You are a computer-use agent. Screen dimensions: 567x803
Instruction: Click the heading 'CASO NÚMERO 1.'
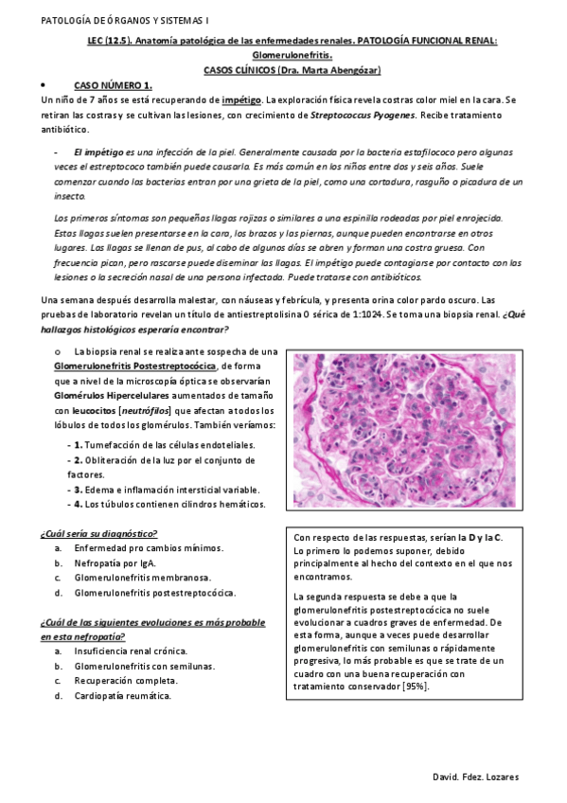[113, 85]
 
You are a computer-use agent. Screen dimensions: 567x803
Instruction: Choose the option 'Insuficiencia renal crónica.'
[131, 651]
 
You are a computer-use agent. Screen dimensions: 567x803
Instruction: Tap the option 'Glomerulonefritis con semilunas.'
[144, 666]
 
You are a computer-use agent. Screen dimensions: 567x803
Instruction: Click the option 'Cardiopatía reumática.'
[123, 696]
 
